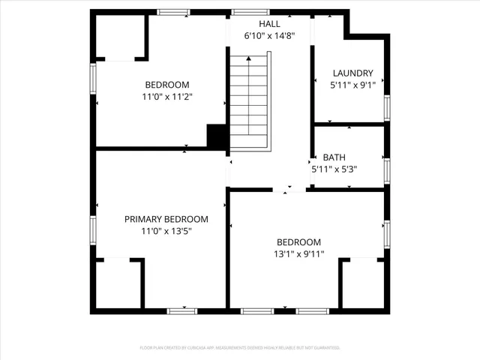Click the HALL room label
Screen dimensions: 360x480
270,23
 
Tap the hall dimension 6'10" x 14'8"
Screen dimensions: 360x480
270,35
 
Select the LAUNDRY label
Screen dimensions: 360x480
352,73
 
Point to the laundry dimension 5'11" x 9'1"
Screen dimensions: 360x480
352,85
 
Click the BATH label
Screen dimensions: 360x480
334,157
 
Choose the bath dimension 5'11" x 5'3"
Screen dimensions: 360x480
334,169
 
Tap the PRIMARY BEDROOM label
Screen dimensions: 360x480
166,219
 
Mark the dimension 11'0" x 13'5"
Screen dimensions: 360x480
166,231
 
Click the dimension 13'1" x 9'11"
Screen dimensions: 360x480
298,254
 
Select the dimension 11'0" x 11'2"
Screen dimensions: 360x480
166,97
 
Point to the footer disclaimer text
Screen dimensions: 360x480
240,348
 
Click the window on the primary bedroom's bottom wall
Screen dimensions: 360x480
182,310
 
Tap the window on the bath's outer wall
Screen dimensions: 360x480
387,169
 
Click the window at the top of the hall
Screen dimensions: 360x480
244,12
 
